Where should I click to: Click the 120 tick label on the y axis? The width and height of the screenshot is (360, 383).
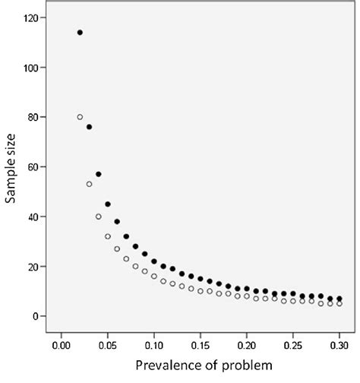coord(33,17)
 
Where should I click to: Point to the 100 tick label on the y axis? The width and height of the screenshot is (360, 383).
coord(33,68)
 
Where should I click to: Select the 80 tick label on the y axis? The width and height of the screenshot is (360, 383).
coord(35,117)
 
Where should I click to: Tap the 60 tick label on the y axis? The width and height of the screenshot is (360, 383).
coord(35,167)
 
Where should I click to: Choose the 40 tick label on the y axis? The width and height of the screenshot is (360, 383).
coord(35,217)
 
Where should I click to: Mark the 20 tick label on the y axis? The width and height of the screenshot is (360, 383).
coord(35,267)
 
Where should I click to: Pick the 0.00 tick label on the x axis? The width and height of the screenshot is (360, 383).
coord(61,344)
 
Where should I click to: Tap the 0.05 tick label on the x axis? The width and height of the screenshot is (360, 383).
coord(107,344)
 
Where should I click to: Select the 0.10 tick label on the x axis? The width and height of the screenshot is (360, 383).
coord(154,344)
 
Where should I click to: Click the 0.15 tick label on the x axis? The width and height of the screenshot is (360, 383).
coord(201,344)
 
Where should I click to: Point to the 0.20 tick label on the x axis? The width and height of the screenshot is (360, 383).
coord(247,344)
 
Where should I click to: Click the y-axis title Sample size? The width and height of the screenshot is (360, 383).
coord(11,167)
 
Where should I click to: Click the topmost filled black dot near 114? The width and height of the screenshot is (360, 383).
coord(80,33)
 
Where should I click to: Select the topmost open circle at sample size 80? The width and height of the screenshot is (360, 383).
coord(80,117)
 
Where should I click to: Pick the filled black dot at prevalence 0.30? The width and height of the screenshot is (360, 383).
coord(339,299)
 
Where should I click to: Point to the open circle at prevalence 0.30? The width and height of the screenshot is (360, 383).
coord(339,304)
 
